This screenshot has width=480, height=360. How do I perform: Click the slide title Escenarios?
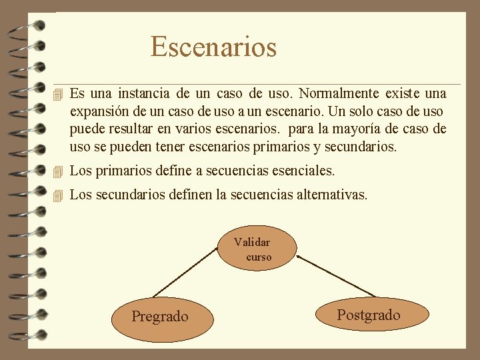213,47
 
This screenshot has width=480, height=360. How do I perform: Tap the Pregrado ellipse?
160,316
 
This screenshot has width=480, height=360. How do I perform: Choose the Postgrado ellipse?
369,315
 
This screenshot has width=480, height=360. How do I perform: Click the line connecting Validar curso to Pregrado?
187,273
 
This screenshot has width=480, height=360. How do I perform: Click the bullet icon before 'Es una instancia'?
59,94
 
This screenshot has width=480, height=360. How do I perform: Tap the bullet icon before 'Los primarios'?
59,172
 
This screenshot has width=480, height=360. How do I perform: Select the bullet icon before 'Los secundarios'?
59,196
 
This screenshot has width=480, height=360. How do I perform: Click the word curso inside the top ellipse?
259,257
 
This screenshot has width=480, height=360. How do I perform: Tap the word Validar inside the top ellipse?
252,243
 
